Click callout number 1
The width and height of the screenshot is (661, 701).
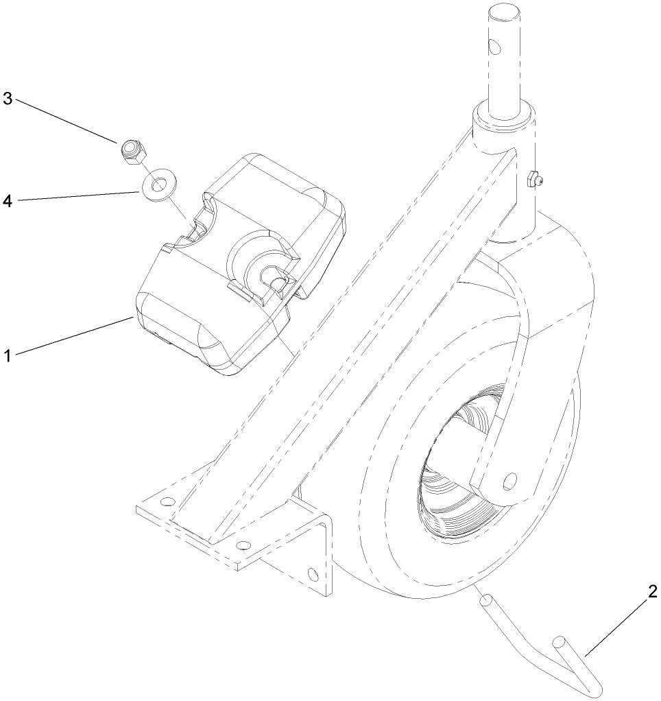point(8,356)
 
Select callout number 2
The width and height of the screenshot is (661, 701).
point(652,592)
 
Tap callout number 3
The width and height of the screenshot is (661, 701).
point(8,99)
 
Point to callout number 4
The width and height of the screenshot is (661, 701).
point(8,201)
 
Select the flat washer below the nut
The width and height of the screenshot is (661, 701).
point(160,185)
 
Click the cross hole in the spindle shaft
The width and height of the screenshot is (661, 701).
point(494,46)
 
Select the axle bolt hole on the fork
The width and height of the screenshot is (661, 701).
point(509,481)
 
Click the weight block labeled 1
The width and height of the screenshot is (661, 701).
point(241,264)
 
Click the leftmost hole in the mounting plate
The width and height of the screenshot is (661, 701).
point(167,501)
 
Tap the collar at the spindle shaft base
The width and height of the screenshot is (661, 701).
point(505,116)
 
